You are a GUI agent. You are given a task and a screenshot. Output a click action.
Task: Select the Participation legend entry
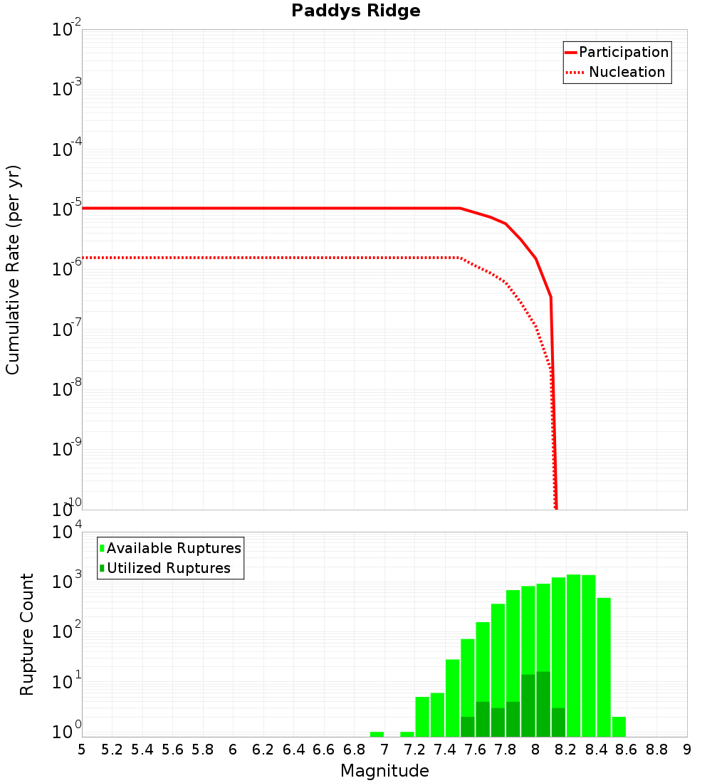coord(623,53)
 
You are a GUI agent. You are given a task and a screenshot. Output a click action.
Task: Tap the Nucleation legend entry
coord(627,73)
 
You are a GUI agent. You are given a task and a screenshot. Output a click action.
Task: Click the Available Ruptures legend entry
coord(174,549)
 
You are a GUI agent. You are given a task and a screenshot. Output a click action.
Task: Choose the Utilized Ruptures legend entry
coord(168,569)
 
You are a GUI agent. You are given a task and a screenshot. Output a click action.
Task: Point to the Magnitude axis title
coord(384,771)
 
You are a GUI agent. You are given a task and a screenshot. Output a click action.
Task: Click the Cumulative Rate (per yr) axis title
coord(13,270)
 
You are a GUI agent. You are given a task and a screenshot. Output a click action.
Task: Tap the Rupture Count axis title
coord(27,634)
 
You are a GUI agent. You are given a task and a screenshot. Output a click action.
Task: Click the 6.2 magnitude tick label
coord(263,750)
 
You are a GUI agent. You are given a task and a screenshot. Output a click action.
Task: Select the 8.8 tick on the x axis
coord(657,750)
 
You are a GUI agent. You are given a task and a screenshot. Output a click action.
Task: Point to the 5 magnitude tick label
coord(82,750)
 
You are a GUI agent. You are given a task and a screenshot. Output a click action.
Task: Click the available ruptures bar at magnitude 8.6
coord(619,727)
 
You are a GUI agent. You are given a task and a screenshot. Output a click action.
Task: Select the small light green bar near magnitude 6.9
coord(377,734)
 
